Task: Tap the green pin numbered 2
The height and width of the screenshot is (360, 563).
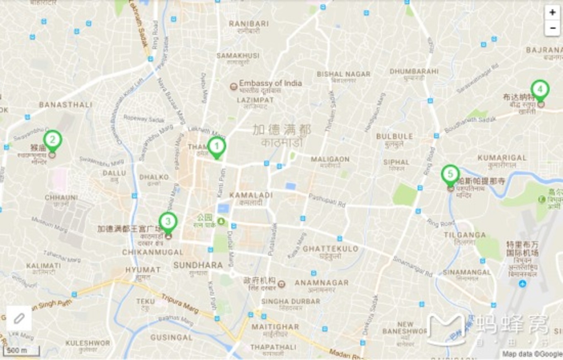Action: click(x=53, y=140)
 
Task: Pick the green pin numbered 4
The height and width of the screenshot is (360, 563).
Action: click(x=540, y=89)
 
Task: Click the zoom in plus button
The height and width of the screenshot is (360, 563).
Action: click(x=552, y=13)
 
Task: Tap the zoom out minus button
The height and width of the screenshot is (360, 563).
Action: click(x=552, y=28)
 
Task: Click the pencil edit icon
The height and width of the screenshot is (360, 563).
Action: click(x=19, y=318)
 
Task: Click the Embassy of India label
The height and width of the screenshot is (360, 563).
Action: click(x=270, y=83)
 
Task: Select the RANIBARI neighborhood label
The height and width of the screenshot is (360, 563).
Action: click(x=249, y=24)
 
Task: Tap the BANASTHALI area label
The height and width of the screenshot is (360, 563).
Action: click(x=65, y=105)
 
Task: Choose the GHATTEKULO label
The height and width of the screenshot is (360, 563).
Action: click(x=330, y=249)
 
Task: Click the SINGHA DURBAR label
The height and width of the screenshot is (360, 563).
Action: click(x=291, y=301)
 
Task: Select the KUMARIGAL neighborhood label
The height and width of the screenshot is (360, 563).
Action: click(x=502, y=158)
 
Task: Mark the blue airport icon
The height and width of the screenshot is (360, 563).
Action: click(x=522, y=284)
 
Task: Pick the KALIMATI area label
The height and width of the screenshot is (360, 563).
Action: click(x=43, y=266)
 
